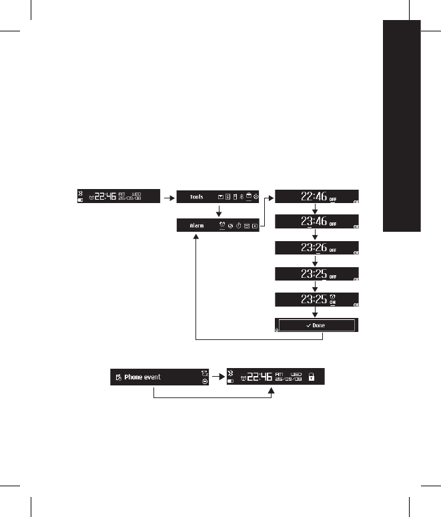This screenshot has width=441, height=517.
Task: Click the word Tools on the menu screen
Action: (196, 198)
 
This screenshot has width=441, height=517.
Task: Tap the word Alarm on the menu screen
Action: (197, 226)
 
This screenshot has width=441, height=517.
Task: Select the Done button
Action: (318, 325)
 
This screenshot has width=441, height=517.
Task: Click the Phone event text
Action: (147, 377)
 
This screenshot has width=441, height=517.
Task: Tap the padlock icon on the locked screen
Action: (311, 377)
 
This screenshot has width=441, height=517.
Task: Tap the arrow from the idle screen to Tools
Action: (169, 197)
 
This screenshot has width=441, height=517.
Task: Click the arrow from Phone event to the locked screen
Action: (217, 377)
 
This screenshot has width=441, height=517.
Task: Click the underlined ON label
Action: (332, 302)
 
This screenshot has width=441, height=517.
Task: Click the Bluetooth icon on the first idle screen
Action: (81, 191)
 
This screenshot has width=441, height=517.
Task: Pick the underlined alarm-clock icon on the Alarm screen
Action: (222, 225)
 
